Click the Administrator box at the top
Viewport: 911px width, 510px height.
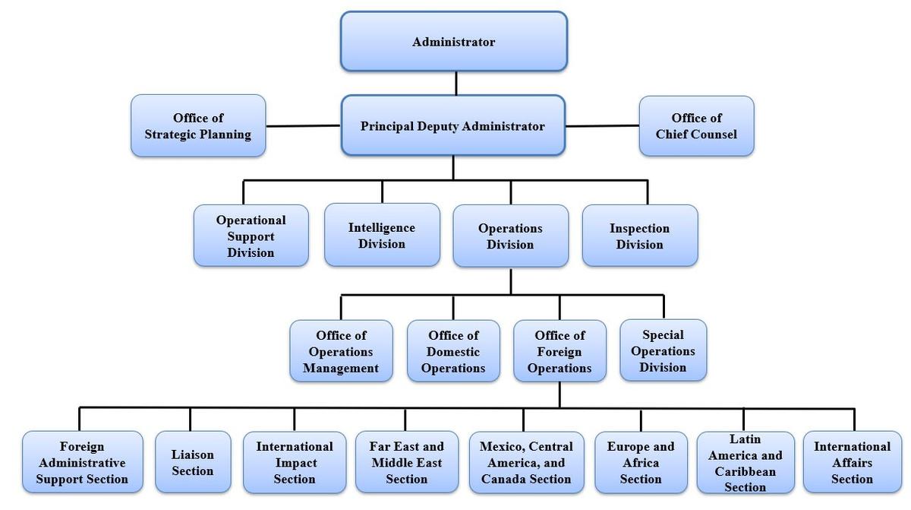[x=453, y=42]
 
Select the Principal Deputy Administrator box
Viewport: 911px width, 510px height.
[x=452, y=126]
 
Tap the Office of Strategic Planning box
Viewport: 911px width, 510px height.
[x=198, y=126]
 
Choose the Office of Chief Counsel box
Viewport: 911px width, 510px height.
[x=696, y=126]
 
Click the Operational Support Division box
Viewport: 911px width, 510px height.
[x=251, y=236]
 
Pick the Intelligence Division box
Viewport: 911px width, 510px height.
[x=382, y=236]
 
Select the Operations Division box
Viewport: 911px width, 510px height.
[x=510, y=236]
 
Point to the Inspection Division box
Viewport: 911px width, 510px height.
[x=639, y=236]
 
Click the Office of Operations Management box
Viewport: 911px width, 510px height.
[x=341, y=351]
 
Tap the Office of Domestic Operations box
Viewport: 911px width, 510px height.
[x=453, y=351]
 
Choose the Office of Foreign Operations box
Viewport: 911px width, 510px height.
[x=560, y=351]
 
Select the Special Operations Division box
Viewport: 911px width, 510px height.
[x=663, y=350]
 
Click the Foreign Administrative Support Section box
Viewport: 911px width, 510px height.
[x=82, y=462]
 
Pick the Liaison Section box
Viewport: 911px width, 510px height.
[x=193, y=462]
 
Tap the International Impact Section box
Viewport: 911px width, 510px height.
[x=295, y=462]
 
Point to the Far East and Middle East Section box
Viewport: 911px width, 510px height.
[x=406, y=462]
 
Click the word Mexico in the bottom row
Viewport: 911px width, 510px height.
[x=500, y=446]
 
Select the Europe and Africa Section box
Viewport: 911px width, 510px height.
[x=641, y=462]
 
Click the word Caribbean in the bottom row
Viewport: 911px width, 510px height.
[x=745, y=471]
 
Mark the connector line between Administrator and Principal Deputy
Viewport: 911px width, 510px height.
[x=455, y=83]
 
